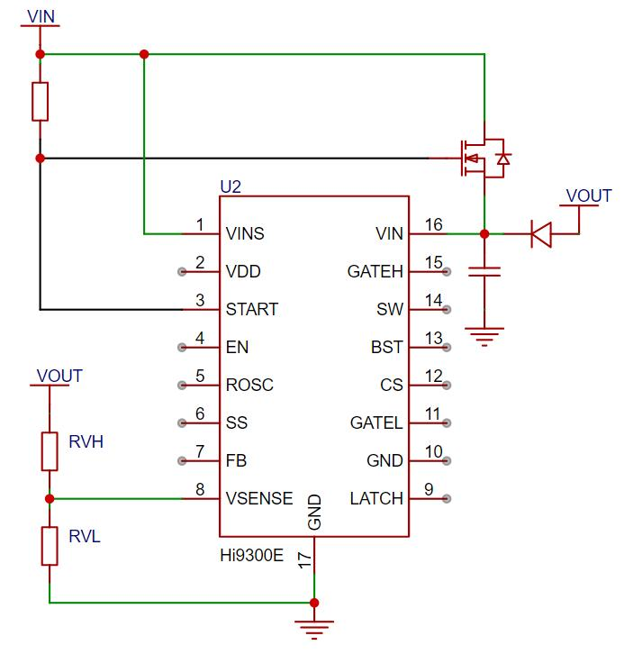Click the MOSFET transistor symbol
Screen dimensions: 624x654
[484, 159]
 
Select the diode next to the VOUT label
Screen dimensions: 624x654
[541, 234]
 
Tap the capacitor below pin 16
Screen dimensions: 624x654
[484, 272]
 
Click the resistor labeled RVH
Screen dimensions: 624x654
[50, 451]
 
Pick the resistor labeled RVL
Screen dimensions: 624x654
[50, 546]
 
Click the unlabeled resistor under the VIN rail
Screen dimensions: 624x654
[40, 102]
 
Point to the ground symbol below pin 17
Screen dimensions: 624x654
[314, 630]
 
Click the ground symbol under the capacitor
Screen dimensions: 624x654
[484, 337]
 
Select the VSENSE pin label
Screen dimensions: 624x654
[259, 498]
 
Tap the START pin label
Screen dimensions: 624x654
[252, 310]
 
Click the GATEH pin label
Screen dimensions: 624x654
[375, 271]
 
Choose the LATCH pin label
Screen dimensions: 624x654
[376, 498]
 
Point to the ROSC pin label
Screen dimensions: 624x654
[249, 385]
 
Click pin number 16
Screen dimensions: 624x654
[433, 225]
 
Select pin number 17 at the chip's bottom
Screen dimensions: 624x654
[304, 559]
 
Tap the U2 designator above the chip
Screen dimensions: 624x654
[231, 186]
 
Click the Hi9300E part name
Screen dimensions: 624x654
[252, 555]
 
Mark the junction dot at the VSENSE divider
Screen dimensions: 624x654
[50, 499]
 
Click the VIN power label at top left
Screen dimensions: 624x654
[41, 17]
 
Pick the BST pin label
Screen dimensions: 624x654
[387, 347]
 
